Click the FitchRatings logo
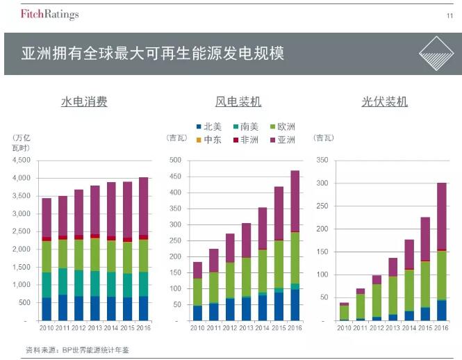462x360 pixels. coord(49,14)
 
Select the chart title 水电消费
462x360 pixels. coord(84,102)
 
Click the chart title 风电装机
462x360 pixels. coord(238,102)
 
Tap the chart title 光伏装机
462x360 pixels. coord(384,102)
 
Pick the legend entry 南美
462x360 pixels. coord(247,126)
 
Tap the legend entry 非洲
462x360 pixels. coord(247,140)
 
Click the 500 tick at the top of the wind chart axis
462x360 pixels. coord(176,161)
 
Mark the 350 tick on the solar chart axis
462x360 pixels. coord(322,161)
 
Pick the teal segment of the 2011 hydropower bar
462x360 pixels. coord(63,281)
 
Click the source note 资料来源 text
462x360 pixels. coord(76,350)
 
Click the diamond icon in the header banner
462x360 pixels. coord(438,54)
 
